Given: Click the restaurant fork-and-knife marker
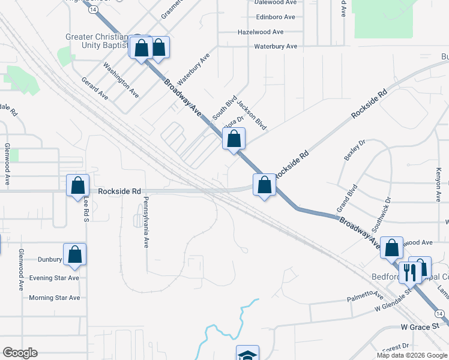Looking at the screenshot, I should click(x=409, y=272).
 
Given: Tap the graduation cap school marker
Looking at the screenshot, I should click(x=247, y=353).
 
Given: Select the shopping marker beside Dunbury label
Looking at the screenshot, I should click(x=74, y=254).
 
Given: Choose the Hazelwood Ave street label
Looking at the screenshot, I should click(x=261, y=32).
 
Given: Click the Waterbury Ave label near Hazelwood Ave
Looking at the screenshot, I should click(x=276, y=46).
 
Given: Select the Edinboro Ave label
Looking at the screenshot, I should click(x=276, y=17).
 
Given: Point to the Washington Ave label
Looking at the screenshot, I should click(x=121, y=80).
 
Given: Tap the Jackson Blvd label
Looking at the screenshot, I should click(x=252, y=115).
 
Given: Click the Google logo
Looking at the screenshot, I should click(x=20, y=353).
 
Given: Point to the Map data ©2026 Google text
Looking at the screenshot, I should click(x=411, y=355).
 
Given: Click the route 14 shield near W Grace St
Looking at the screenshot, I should click(x=440, y=314).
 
